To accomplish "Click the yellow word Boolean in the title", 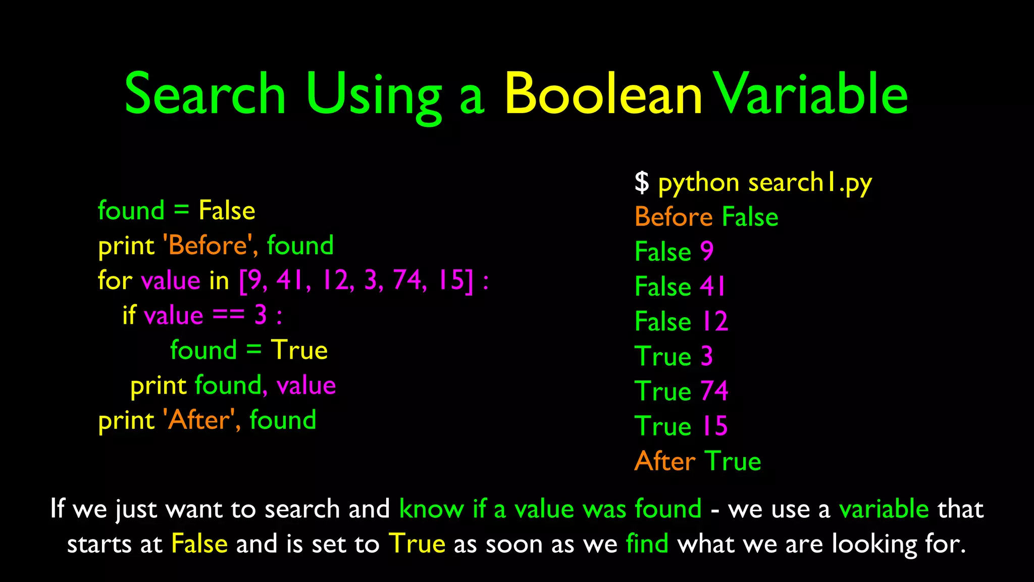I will [603, 94].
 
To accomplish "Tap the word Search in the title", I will [205, 94].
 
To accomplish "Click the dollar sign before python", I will [642, 182].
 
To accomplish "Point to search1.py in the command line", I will [810, 183].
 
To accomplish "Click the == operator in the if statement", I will [228, 315].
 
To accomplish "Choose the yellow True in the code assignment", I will [299, 350].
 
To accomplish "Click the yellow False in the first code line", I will [227, 210].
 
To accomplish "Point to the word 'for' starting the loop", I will [115, 280].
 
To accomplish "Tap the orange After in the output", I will [665, 461].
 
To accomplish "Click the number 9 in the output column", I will [707, 251].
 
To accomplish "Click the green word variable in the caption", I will [884, 509].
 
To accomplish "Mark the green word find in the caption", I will [647, 544].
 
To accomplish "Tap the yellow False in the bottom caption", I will [199, 544].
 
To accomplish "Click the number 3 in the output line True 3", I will [707, 356].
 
